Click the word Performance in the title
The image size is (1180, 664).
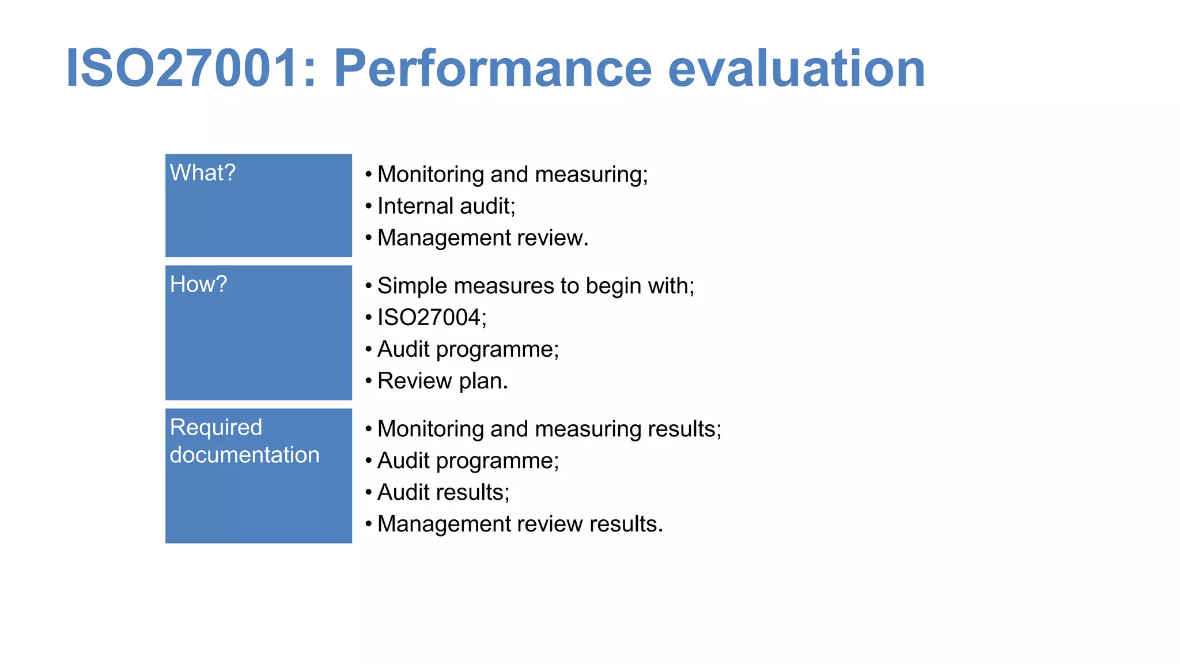point(493,69)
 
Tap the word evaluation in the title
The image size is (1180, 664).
point(796,69)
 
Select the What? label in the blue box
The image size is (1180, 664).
point(203,173)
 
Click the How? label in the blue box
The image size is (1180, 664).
point(198,284)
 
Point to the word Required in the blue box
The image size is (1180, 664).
point(216,428)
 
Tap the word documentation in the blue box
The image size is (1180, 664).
point(244,455)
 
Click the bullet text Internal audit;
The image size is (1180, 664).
point(446,206)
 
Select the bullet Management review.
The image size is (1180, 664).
point(483,238)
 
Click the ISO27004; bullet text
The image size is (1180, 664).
point(432,318)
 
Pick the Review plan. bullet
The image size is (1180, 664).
point(442,381)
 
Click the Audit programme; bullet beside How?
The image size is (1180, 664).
point(468,349)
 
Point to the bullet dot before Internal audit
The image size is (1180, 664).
point(368,206)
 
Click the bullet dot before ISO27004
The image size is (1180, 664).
point(368,318)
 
